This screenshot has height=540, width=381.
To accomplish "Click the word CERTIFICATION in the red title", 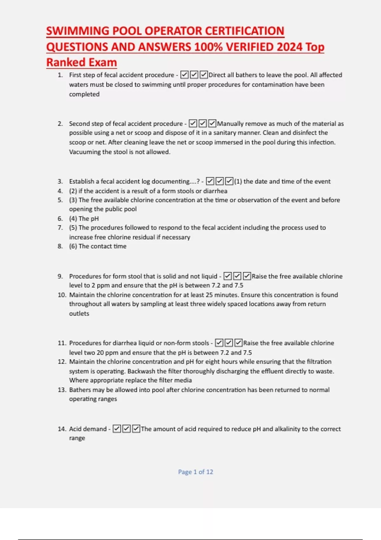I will point(244,31).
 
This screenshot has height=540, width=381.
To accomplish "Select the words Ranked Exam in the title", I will point(82,62).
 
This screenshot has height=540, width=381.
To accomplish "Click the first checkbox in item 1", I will point(184,75).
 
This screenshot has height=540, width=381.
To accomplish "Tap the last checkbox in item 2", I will point(212,124).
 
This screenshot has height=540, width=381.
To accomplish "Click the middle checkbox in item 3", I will point(220,181).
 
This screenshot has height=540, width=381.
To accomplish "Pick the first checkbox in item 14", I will point(117,429).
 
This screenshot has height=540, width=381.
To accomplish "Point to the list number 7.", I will point(60,228).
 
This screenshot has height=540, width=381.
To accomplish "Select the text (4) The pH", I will point(84,219).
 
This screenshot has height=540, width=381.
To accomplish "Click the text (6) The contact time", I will point(98,246).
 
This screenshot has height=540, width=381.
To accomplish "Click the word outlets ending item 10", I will point(79,314).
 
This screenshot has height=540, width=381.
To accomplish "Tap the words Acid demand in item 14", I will point(88,429).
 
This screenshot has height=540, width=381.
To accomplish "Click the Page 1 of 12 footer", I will point(196,472).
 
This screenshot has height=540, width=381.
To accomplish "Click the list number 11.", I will point(62,343).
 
